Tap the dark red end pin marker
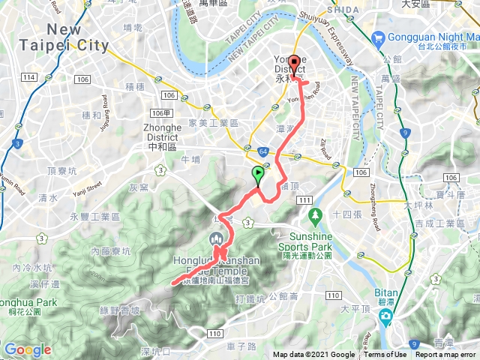click(x=293, y=63)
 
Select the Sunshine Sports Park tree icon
click(x=316, y=216)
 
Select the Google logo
click(x=27, y=349)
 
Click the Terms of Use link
click(x=385, y=355)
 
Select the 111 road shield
click(x=304, y=199)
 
